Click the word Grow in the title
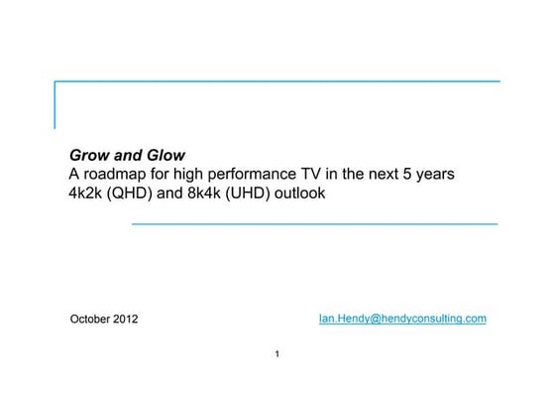click(x=87, y=156)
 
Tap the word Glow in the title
click(x=165, y=156)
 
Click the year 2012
click(x=127, y=320)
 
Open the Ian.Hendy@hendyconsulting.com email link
click(x=401, y=319)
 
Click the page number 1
click(x=277, y=353)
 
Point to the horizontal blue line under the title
click(x=314, y=224)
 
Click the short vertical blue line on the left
click(x=55, y=105)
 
